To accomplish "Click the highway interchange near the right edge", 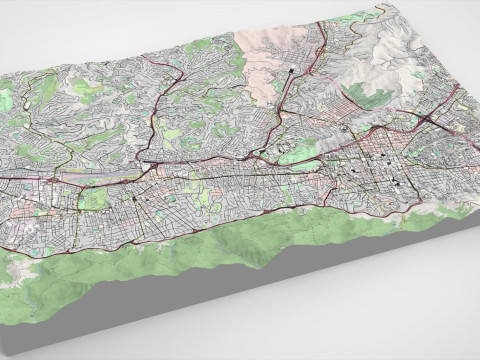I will pyautogui.click(x=430, y=119).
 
